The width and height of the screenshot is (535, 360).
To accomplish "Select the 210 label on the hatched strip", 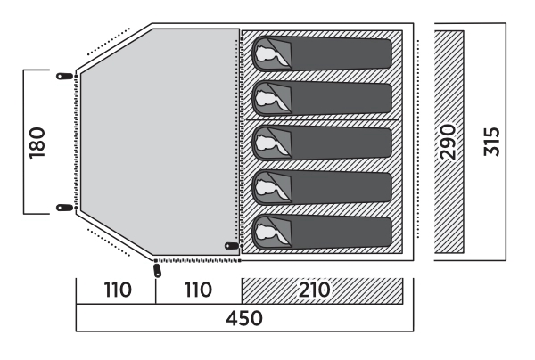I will point(316,290).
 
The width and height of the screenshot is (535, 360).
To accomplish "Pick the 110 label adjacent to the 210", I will point(198,290).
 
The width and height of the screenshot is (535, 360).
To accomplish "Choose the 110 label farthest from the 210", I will point(116,290).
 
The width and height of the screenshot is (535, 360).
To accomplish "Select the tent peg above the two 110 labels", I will point(158,268).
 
